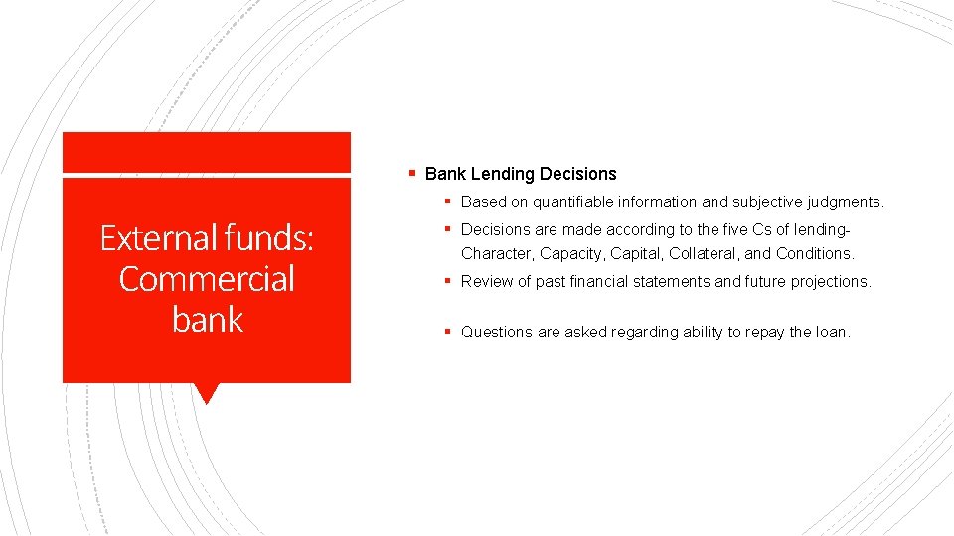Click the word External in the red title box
point(159,238)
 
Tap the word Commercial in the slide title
point(207,279)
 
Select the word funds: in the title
point(268,238)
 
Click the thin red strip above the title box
point(207,152)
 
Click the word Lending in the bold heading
point(502,174)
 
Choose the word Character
point(497,254)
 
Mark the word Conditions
point(814,254)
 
